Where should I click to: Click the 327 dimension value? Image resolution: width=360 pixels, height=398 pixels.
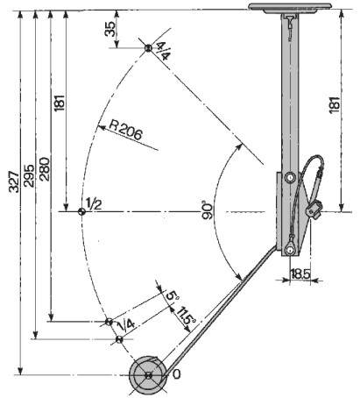click(x=14, y=181)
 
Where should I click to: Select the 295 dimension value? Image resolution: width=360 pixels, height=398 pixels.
click(x=29, y=175)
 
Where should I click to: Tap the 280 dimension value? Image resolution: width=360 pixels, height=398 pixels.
click(x=45, y=169)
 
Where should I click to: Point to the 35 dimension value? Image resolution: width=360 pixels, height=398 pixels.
click(x=109, y=29)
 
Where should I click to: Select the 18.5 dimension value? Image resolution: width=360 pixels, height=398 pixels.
click(x=300, y=274)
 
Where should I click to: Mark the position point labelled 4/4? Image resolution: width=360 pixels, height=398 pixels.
click(x=148, y=48)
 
